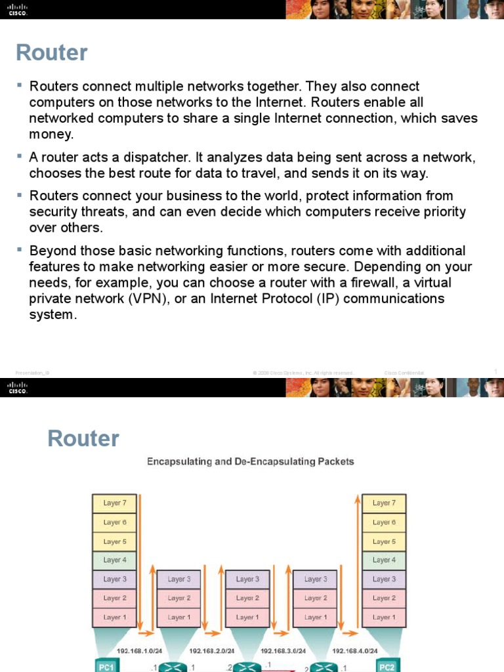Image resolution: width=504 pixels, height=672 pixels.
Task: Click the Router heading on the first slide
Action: pyautogui.click(x=52, y=52)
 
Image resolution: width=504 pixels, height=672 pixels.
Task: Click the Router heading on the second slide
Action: pyautogui.click(x=83, y=438)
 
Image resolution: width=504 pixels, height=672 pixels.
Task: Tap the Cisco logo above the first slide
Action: pyautogui.click(x=18, y=9)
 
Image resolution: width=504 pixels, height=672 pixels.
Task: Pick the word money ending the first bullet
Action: pyautogui.click(x=50, y=134)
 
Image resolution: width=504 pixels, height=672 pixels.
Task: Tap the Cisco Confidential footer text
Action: pyautogui.click(x=404, y=373)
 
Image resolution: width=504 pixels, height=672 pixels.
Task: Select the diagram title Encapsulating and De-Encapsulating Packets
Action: pyautogui.click(x=250, y=461)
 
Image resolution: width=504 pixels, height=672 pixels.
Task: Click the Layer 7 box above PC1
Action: pyautogui.click(x=114, y=503)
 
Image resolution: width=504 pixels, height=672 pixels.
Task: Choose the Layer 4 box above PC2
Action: pyautogui.click(x=384, y=560)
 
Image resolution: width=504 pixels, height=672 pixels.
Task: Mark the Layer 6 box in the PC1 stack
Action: pyautogui.click(x=114, y=522)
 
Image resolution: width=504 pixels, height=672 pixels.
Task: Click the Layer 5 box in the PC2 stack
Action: pyautogui.click(x=384, y=541)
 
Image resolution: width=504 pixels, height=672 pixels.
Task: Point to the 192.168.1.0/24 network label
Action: pyautogui.click(x=139, y=651)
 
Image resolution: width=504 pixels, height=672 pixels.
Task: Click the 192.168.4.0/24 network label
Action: pyautogui.click(x=355, y=651)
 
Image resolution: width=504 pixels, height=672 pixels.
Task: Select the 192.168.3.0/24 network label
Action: pyautogui.click(x=283, y=651)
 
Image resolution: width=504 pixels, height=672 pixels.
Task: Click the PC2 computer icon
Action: pyautogui.click(x=387, y=666)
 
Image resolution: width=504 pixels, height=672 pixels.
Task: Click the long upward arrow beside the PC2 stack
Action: pyautogui.click(x=358, y=564)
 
